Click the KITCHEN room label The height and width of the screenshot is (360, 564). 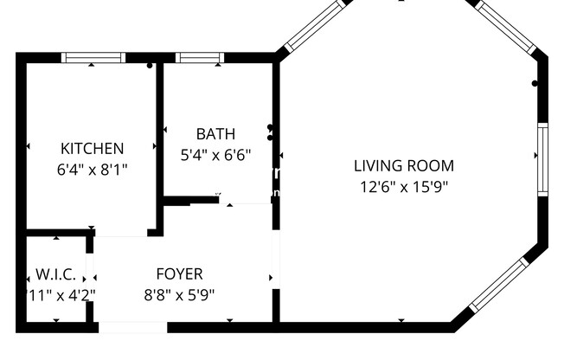point(92,149)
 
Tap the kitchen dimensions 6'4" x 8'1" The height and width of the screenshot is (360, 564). point(92,170)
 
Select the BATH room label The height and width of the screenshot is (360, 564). point(215,134)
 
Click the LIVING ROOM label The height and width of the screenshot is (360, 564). point(404,165)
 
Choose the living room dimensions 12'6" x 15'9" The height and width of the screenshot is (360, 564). point(404,186)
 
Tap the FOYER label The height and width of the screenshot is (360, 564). point(179,274)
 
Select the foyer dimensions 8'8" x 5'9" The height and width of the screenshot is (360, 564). point(179,294)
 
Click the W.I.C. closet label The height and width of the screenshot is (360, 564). point(56,274)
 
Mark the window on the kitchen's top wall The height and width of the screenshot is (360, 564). point(93,58)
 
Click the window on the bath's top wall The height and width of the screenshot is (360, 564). point(200,58)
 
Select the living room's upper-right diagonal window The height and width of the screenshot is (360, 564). point(510,26)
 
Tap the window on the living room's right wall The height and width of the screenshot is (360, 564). point(542,159)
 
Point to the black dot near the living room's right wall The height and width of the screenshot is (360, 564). point(535,83)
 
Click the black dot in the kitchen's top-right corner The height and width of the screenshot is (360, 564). point(150,65)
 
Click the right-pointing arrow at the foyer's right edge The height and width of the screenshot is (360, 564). point(272,278)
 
